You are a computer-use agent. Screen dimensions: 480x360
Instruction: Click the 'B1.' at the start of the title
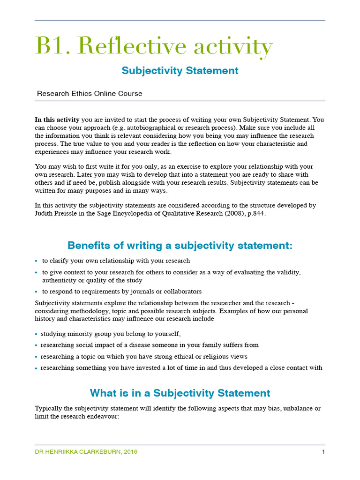click(52, 46)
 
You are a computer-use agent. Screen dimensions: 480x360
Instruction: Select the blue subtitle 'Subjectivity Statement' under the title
click(180, 71)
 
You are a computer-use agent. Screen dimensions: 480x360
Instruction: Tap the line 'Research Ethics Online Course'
click(90, 94)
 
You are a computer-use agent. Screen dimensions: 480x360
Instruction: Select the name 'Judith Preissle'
click(58, 213)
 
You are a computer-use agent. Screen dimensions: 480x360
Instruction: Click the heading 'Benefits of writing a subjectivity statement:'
click(180, 246)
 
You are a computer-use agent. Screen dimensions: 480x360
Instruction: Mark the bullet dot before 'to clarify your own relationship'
click(37, 261)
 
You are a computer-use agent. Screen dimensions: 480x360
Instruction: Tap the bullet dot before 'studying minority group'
click(37, 334)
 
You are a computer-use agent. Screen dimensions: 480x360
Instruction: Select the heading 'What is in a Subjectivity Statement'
click(180, 393)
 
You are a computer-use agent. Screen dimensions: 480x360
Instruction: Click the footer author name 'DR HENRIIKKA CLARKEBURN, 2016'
click(86, 452)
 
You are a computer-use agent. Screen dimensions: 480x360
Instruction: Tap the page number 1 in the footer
click(323, 452)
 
